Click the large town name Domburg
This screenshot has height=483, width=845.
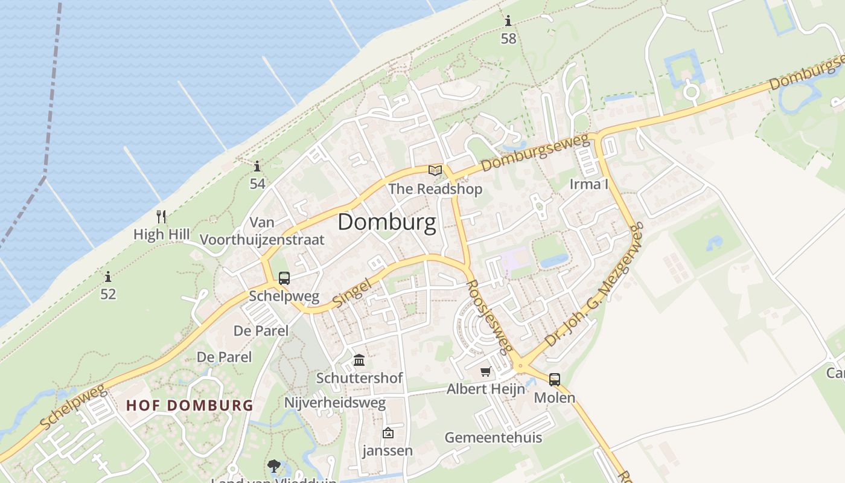tap(386, 222)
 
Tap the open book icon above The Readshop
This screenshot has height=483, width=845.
tap(435, 170)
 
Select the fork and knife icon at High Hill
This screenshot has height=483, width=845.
tap(161, 217)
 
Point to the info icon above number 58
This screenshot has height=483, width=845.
tap(508, 22)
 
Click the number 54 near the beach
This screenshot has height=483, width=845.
tap(258, 184)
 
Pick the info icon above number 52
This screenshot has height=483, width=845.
tap(108, 277)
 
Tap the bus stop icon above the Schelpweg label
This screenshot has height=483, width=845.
tap(284, 278)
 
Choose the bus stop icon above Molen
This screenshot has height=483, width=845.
tap(554, 380)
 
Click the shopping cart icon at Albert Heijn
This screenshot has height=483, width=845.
tap(486, 371)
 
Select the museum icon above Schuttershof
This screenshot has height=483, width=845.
tap(359, 360)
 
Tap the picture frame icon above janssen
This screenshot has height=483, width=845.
tap(388, 433)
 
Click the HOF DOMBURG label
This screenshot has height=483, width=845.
tap(190, 405)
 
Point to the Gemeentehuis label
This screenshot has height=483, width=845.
tap(493, 437)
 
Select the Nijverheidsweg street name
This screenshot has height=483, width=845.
tap(335, 403)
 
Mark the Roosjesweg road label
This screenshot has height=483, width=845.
tap(490, 316)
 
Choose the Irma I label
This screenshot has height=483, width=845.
tap(589, 184)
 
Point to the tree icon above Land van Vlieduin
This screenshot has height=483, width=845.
tap(274, 465)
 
